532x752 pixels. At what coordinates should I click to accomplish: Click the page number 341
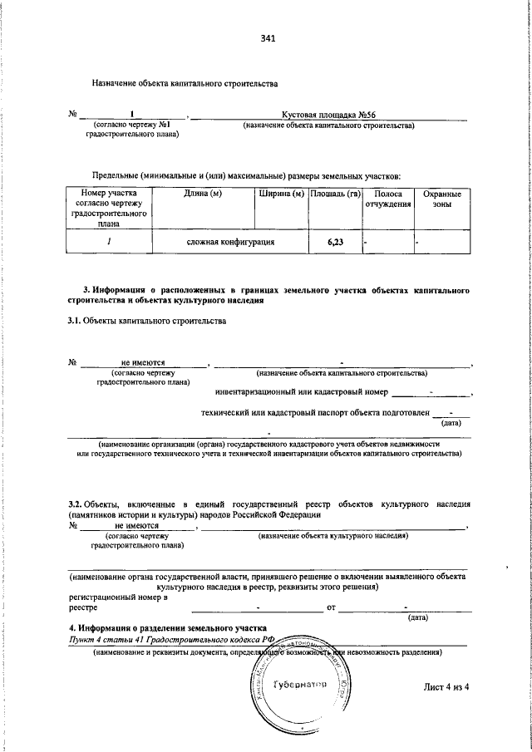[x=267, y=38]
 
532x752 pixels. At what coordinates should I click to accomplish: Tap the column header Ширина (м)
[x=281, y=194]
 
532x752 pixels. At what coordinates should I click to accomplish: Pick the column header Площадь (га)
[x=334, y=194]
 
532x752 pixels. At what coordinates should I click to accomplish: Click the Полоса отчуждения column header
[x=388, y=199]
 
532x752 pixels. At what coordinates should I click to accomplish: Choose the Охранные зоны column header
[x=441, y=199]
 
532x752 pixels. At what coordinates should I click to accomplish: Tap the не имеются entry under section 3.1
[x=143, y=363]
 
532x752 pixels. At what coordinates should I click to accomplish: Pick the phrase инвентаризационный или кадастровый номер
[x=302, y=392]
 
